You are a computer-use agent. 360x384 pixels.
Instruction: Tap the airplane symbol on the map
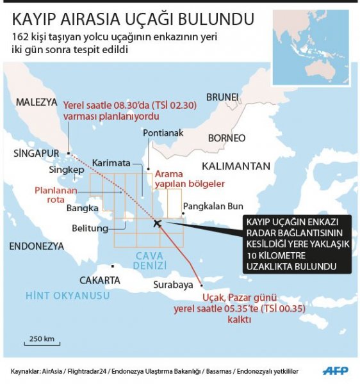(158, 223)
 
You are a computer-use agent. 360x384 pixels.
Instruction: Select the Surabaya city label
(174, 285)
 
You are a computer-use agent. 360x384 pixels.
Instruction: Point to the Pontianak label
(164, 133)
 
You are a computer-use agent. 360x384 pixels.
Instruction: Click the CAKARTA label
(99, 280)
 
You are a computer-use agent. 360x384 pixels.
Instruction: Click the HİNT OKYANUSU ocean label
(59, 295)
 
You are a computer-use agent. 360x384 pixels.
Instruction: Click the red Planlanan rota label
(55, 195)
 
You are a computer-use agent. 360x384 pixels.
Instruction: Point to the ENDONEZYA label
(37, 246)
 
